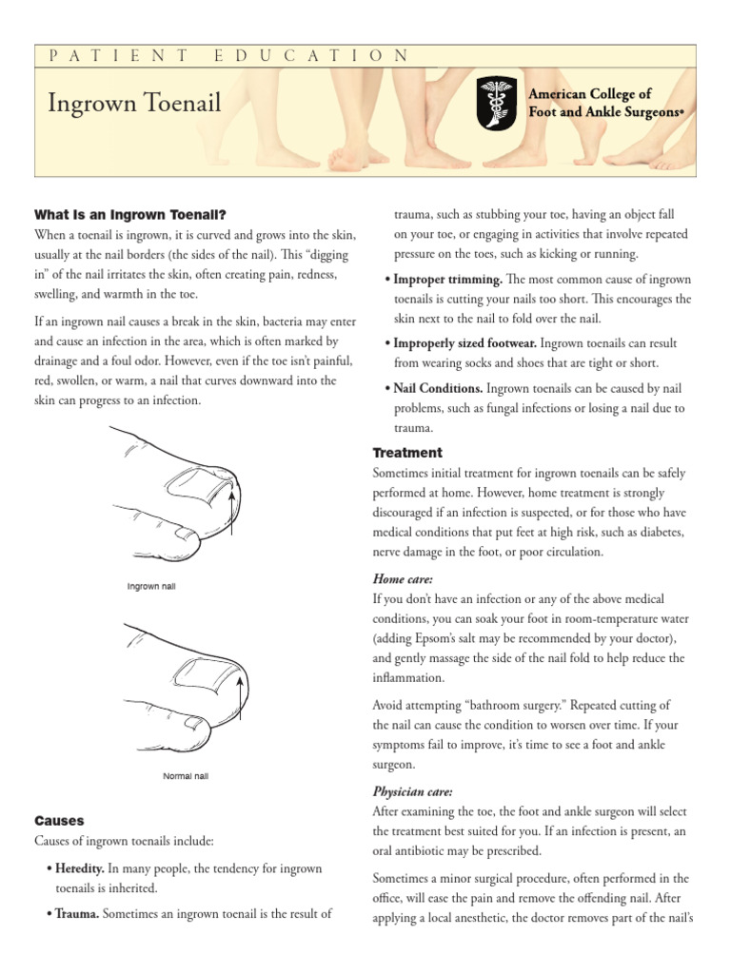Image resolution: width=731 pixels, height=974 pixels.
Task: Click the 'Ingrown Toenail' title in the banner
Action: [134, 103]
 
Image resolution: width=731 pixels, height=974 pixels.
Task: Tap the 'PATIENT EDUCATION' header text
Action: [228, 56]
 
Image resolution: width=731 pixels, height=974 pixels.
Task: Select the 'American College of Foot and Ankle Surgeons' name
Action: [606, 103]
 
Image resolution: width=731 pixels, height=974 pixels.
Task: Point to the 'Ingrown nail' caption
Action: [151, 586]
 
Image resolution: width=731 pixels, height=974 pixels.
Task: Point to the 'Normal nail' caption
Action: [186, 776]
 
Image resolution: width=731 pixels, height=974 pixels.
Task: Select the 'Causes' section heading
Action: [59, 820]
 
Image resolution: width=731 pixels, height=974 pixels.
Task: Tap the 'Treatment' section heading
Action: [407, 453]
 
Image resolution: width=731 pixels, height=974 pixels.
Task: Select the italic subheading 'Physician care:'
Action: [413, 791]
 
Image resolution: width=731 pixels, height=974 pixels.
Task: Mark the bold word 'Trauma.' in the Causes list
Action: [76, 914]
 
